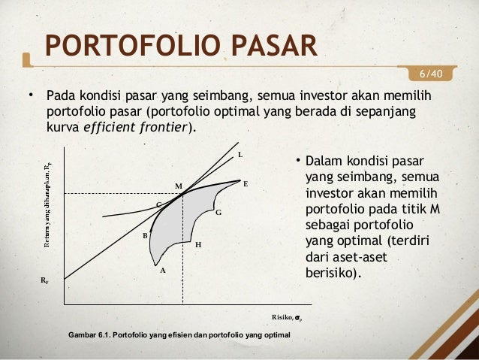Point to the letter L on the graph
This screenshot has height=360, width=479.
(240, 156)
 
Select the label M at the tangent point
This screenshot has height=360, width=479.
(179, 185)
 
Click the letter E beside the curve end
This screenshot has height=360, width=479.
(246, 183)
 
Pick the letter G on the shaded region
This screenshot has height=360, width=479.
(218, 213)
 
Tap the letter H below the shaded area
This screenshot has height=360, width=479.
(197, 245)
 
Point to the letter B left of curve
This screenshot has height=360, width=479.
(146, 235)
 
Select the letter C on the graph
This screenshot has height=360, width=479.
(158, 204)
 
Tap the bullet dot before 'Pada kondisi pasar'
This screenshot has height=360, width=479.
(32, 96)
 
